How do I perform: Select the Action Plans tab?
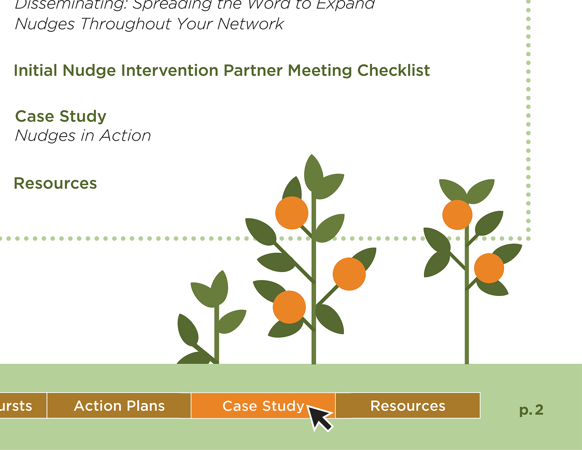pyautogui.click(x=119, y=406)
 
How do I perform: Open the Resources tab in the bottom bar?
pyautogui.click(x=408, y=406)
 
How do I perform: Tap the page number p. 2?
pyautogui.click(x=531, y=410)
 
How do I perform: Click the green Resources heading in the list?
pyautogui.click(x=55, y=184)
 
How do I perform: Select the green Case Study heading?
pyautogui.click(x=61, y=116)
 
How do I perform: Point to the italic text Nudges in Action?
pyautogui.click(x=83, y=136)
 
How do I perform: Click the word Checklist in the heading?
pyautogui.click(x=394, y=71)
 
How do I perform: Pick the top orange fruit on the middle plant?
pyautogui.click(x=292, y=213)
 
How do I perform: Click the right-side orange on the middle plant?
pyautogui.click(x=349, y=274)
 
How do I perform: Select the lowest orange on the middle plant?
pyautogui.click(x=289, y=307)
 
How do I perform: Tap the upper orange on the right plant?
pyautogui.click(x=457, y=215)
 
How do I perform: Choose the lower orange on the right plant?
pyautogui.click(x=489, y=268)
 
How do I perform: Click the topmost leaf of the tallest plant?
pyautogui.click(x=313, y=173)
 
